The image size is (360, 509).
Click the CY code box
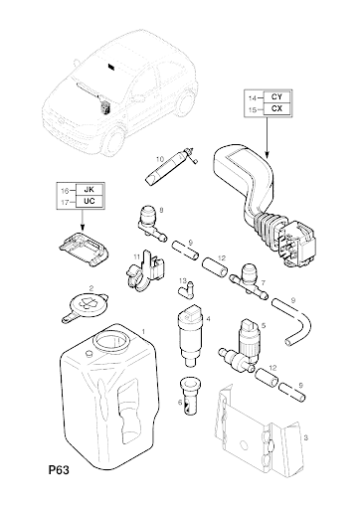276,97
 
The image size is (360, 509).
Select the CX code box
276,108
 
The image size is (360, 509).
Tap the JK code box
90,190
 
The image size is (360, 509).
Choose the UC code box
90,201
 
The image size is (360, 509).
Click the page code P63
59,470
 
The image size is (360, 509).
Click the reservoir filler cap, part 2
86,305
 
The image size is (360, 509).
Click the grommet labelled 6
190,396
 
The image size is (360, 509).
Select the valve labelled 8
151,223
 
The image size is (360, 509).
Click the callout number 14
253,97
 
